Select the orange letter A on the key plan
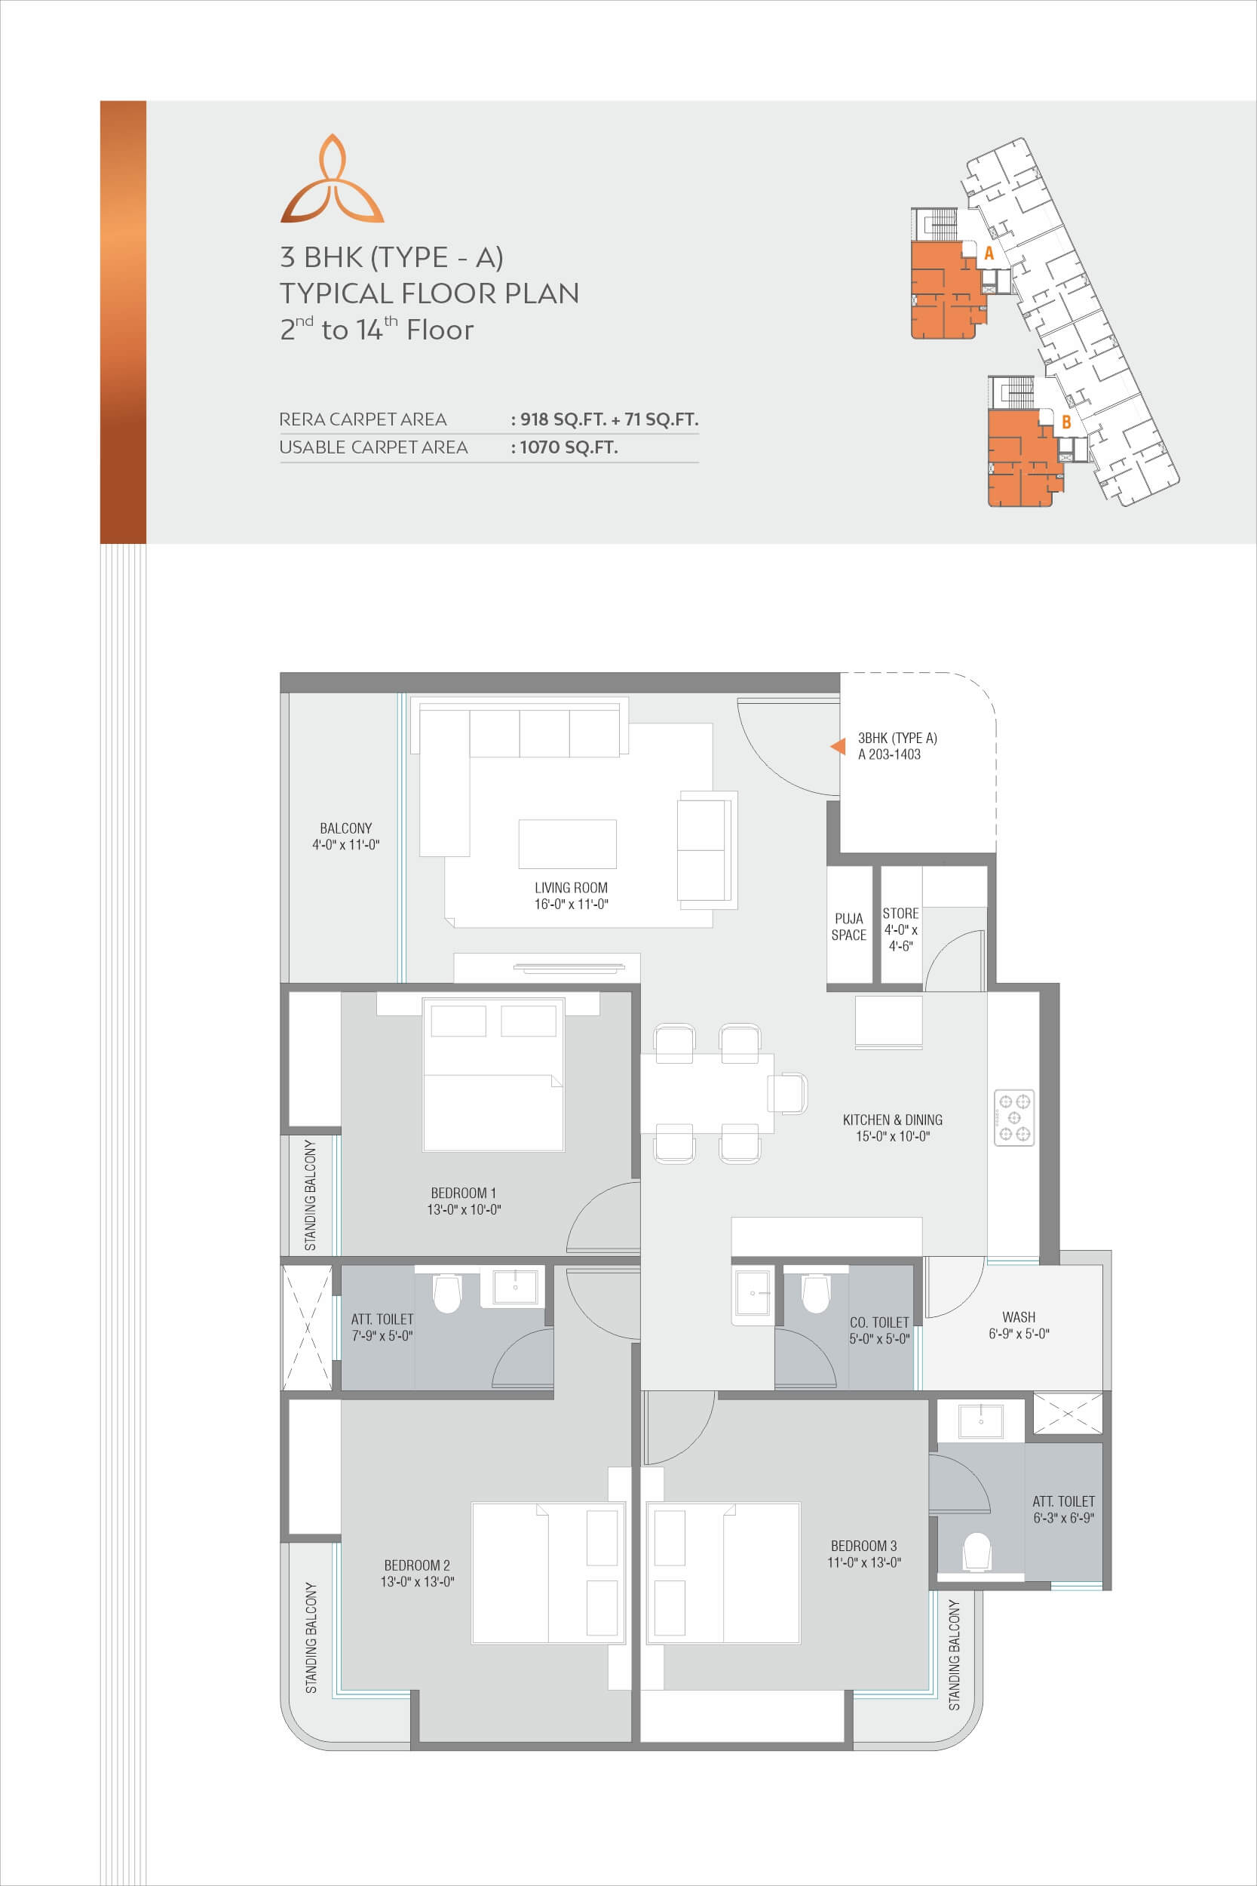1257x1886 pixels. pyautogui.click(x=989, y=253)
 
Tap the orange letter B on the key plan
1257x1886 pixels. pyautogui.click(x=1066, y=422)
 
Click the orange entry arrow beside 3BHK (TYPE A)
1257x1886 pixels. pyautogui.click(x=838, y=746)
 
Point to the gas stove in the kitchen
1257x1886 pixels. pyautogui.click(x=1014, y=1117)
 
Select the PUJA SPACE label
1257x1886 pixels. pyautogui.click(x=849, y=926)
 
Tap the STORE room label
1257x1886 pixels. pyautogui.click(x=900, y=914)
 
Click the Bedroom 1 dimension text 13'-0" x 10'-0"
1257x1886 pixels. pyautogui.click(x=464, y=1209)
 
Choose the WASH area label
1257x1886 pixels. pyautogui.click(x=1018, y=1316)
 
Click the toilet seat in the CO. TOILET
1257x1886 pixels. pyautogui.click(x=815, y=1293)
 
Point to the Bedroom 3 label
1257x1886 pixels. pyautogui.click(x=863, y=1545)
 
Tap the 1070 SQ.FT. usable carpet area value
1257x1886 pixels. pyautogui.click(x=569, y=447)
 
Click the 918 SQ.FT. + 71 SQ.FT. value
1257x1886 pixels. pyautogui.click(x=609, y=419)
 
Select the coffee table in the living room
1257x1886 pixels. pyautogui.click(x=568, y=843)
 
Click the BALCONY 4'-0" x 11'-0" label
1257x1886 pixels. pyautogui.click(x=345, y=836)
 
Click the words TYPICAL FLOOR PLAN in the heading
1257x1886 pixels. pyautogui.click(x=429, y=293)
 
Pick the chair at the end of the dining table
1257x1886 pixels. pyautogui.click(x=787, y=1093)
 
